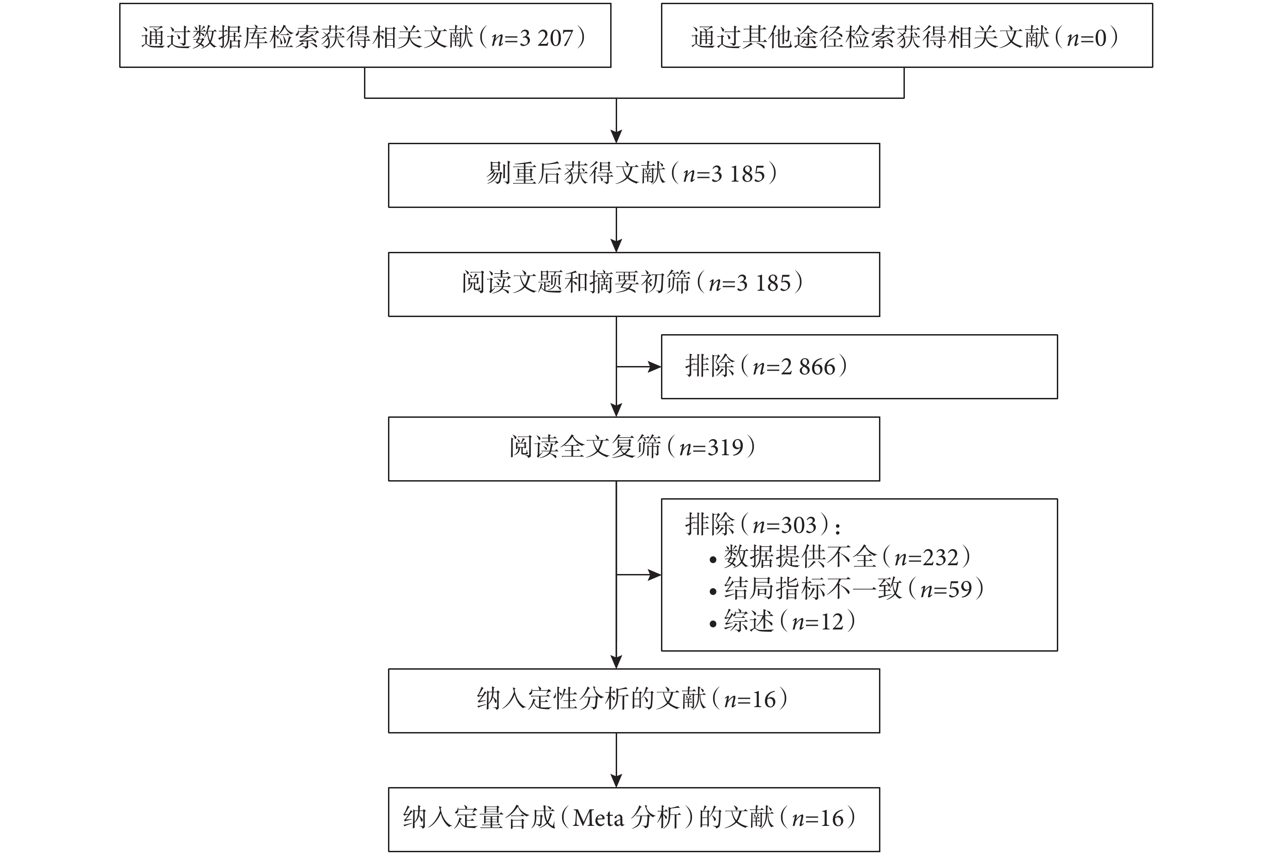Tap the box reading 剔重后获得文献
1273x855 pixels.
[x=634, y=175]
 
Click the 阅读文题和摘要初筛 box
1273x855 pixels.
[x=634, y=284]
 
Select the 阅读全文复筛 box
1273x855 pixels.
[x=634, y=449]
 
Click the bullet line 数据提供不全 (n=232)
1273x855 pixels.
[x=840, y=557]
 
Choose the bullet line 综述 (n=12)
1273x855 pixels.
[x=782, y=622]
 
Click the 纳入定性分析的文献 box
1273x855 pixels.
[x=634, y=701]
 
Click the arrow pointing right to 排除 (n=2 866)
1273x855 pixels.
[x=639, y=367]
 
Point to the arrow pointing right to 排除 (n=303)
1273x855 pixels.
[x=639, y=575]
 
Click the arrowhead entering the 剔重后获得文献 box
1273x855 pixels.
[x=616, y=136]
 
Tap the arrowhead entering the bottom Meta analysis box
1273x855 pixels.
[x=616, y=781]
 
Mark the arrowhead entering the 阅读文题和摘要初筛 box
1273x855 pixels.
[x=616, y=245]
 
